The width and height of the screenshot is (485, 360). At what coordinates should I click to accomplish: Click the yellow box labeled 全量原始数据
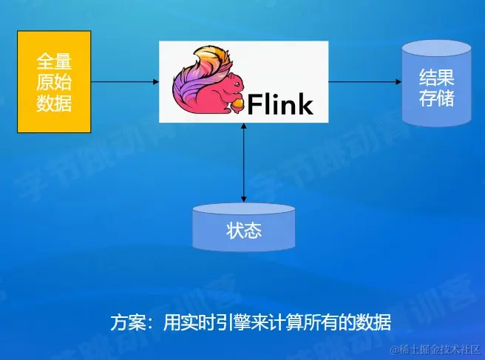click(54, 81)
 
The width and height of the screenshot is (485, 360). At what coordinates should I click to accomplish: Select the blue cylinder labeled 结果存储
click(436, 82)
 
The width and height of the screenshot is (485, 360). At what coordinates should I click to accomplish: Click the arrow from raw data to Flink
click(125, 81)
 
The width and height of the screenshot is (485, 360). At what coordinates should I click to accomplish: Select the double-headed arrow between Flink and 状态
click(244, 163)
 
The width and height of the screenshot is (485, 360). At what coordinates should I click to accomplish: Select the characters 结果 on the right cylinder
click(436, 78)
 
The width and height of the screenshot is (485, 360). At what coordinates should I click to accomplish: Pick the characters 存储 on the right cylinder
click(436, 98)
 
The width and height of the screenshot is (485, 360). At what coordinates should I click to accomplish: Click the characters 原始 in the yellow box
click(54, 81)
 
